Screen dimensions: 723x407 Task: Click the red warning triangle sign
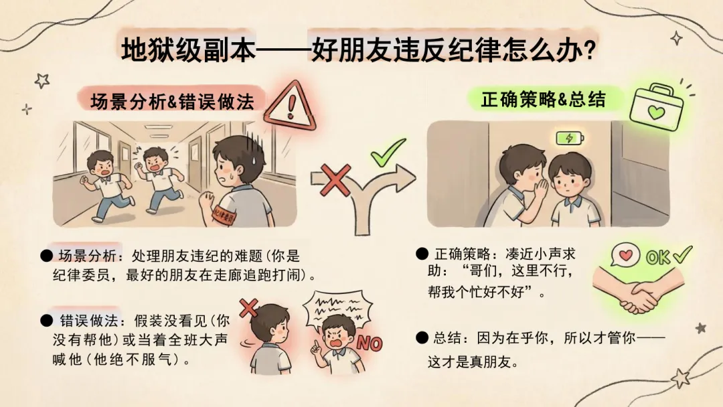tap(291, 107)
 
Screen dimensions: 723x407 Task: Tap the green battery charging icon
tap(570, 138)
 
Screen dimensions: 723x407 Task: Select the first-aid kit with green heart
tap(657, 107)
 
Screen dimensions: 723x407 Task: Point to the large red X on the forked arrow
tap(335, 180)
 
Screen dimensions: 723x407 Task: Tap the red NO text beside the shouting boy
tap(370, 343)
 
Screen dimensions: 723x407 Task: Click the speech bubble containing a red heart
tap(625, 255)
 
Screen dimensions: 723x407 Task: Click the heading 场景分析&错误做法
tap(172, 101)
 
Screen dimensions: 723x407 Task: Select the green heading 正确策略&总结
tap(543, 99)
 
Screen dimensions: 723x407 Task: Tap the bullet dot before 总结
tap(422, 338)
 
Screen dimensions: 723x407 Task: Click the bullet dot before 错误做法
tap(46, 321)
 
